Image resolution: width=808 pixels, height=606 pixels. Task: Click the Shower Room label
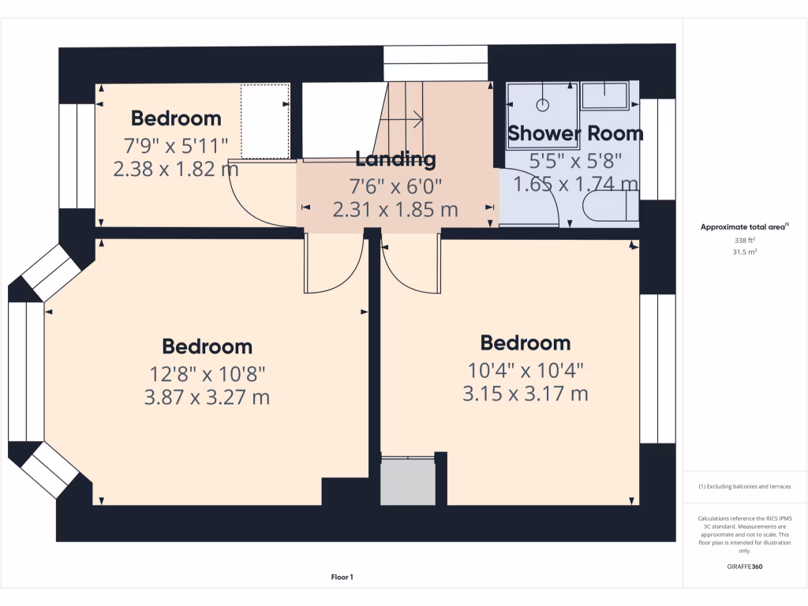574,133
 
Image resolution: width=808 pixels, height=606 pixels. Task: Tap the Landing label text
395,159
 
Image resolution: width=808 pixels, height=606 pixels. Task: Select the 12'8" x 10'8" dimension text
207,372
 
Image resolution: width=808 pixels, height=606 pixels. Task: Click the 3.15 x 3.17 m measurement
525,393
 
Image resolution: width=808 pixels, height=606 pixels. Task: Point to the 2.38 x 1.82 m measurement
176,169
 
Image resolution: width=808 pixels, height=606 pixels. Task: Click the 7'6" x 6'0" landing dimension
395,186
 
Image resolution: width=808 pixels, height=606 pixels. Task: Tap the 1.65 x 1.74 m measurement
575,184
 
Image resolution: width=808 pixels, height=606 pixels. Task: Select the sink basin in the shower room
604,95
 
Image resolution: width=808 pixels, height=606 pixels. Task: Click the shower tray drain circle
544,104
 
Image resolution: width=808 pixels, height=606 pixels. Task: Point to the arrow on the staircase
411,120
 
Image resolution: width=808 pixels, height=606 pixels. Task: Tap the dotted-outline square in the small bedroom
265,121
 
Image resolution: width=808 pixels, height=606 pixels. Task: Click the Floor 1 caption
342,578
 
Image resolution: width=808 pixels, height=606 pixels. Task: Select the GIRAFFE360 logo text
745,567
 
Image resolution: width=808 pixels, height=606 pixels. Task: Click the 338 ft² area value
745,241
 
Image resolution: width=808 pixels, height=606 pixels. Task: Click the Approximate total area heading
745,227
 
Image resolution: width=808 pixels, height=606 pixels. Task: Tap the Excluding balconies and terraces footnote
745,487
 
